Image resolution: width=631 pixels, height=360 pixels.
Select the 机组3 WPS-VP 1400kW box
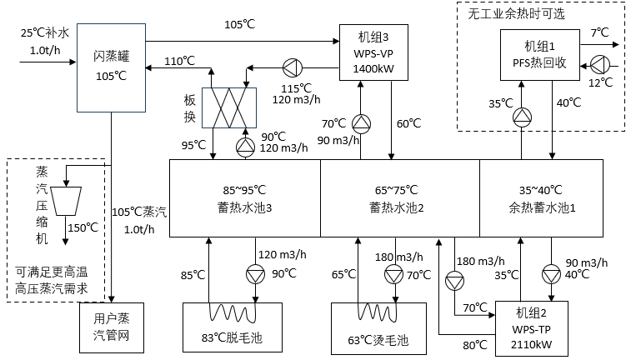click(373, 52)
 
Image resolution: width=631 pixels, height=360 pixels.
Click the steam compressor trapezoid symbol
click(69, 198)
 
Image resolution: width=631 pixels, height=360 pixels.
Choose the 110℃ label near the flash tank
click(179, 60)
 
